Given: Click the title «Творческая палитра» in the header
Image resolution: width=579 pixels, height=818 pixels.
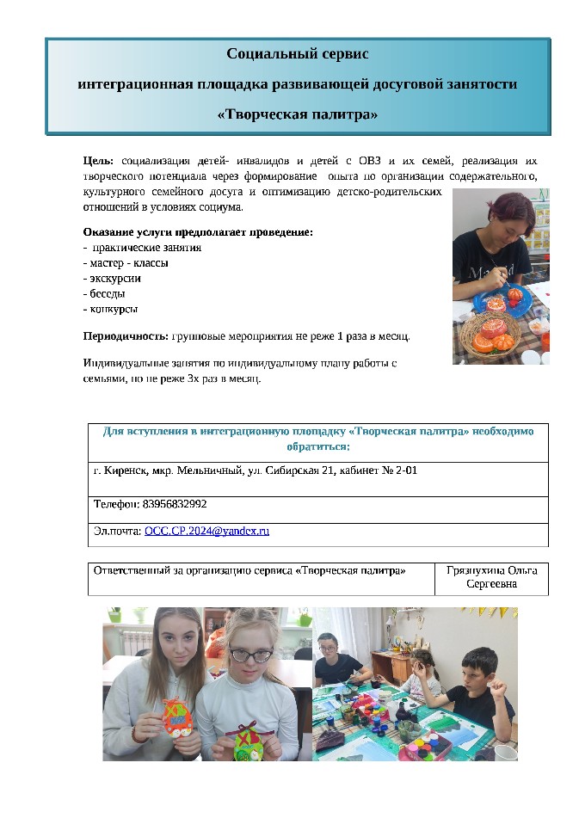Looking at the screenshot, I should coord(298,114).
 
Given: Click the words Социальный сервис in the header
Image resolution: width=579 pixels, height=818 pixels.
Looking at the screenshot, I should coord(298,54).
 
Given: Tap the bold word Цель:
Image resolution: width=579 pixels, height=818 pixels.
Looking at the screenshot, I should coord(99,161).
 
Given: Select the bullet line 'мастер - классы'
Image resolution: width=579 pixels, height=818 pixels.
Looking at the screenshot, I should coord(127,262).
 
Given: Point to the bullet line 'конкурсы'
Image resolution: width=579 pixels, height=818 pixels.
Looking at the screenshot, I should coord(113,309).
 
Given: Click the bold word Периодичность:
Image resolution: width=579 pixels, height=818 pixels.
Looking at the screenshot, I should coord(126,335).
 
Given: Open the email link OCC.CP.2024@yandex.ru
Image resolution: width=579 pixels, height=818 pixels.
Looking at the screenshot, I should coord(206,531).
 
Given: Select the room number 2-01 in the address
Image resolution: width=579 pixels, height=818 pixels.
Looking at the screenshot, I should coord(403,471).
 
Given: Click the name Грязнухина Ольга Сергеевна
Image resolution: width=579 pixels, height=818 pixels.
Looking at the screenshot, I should coord(491,578).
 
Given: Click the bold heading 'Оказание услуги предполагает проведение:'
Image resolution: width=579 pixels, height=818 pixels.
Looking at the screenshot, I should coord(198,232).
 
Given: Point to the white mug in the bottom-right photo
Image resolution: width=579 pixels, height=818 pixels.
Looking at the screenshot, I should coord(505,752).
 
